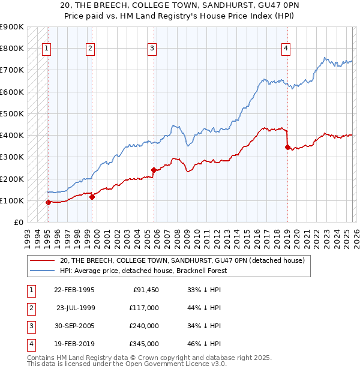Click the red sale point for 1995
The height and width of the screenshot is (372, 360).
(x=48, y=202)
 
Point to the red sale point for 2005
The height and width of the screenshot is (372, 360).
(x=154, y=170)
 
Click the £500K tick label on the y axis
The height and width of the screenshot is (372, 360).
(x=12, y=113)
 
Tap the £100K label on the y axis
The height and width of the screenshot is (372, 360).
(x=12, y=200)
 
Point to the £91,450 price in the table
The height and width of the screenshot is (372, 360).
(x=143, y=290)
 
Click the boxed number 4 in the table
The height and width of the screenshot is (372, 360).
(x=30, y=344)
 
